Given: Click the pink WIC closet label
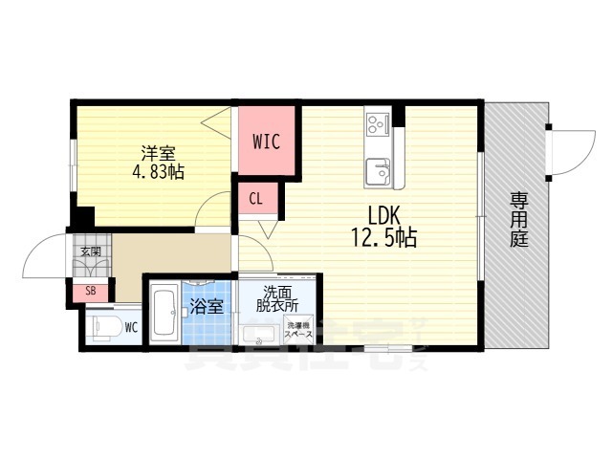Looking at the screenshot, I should click(266, 142).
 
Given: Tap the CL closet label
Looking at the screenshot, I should click(257, 199).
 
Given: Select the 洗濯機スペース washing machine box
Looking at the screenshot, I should click(296, 331).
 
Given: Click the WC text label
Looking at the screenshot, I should click(130, 327).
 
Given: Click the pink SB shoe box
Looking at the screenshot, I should click(90, 292).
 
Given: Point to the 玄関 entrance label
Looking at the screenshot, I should click(90, 251).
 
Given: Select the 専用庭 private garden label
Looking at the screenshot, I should click(518, 220).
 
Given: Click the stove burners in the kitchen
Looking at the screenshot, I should click(377, 123).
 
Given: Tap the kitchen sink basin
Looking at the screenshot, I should click(379, 173).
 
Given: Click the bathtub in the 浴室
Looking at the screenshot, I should click(164, 315).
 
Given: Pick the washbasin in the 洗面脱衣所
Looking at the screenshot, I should click(255, 335).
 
